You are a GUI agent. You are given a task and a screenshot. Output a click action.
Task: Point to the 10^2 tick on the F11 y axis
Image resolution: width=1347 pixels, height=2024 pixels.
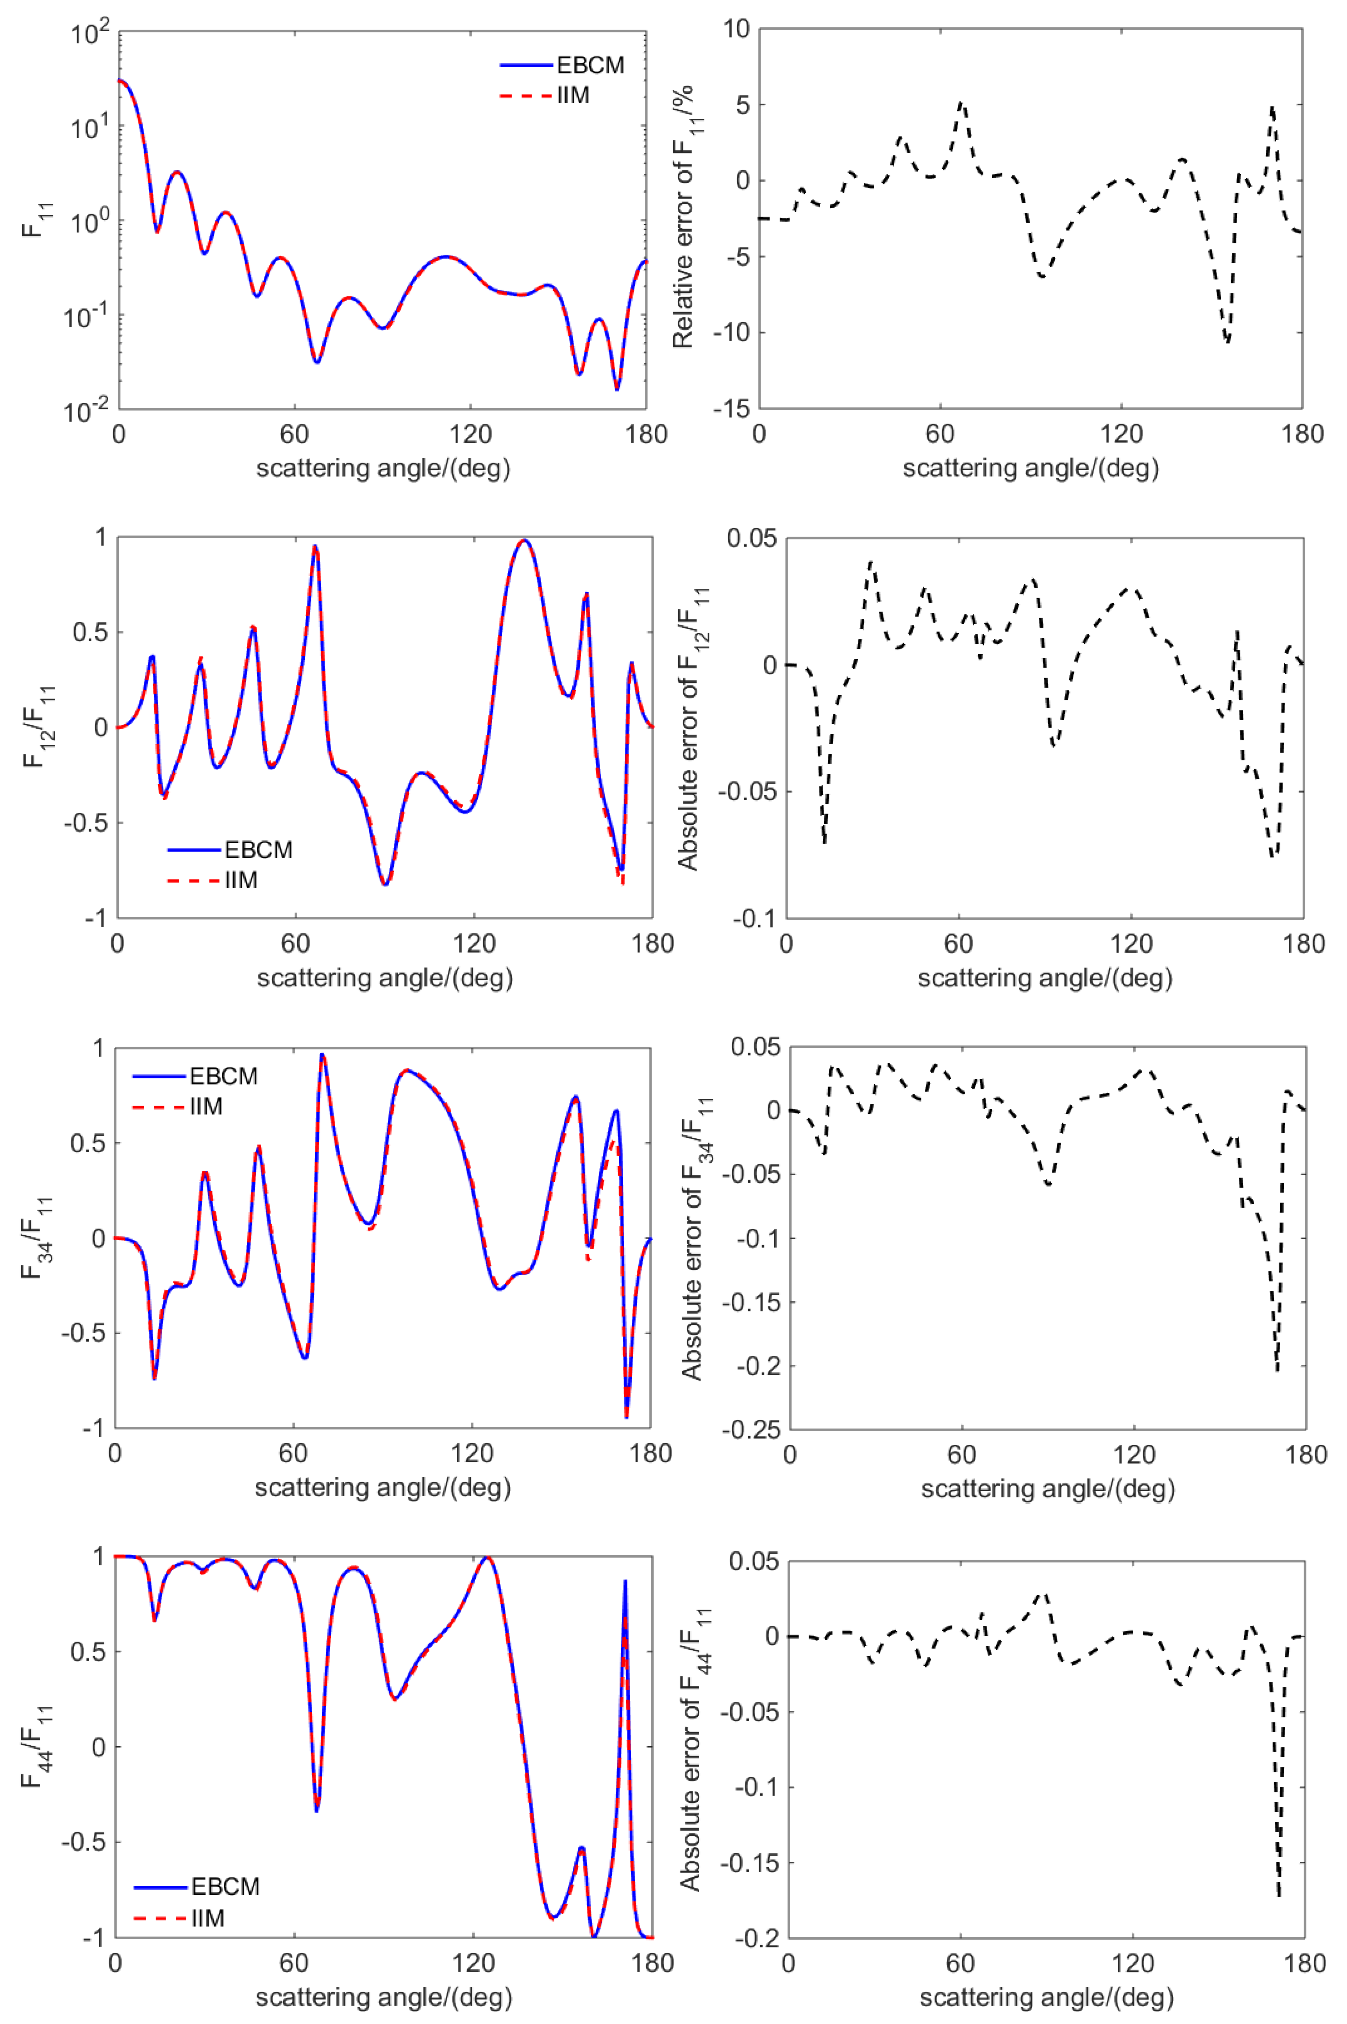tap(90, 34)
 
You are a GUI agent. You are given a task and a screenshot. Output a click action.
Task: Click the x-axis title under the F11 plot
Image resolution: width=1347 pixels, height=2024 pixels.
tap(383, 468)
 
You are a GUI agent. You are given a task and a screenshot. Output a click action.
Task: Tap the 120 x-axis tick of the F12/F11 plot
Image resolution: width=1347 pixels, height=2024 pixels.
tap(473, 944)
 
